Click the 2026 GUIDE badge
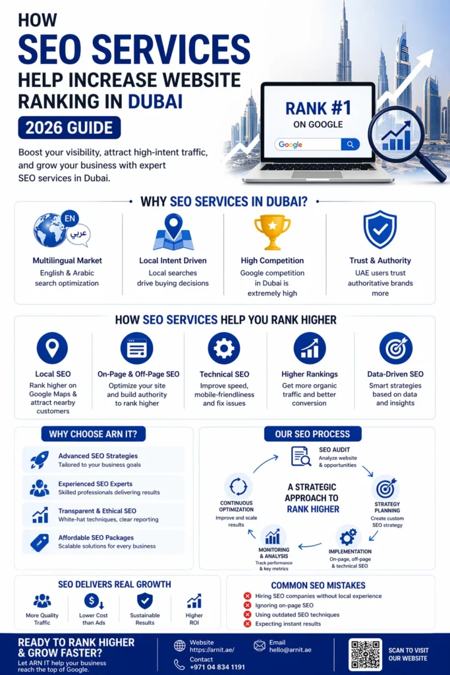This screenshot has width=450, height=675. point(69,128)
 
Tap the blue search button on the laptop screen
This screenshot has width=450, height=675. point(351,144)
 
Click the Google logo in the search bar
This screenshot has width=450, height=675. point(291,144)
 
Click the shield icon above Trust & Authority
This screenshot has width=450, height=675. point(380,229)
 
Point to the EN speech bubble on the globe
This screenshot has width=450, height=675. point(70,219)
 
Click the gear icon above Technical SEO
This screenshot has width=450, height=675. point(224,348)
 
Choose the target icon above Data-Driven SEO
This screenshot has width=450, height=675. point(396,348)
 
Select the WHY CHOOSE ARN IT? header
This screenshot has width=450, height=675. point(94,434)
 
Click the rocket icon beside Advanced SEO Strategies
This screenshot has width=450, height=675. point(40,459)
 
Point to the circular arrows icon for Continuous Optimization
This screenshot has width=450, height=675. point(238,487)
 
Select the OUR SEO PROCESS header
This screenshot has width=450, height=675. point(313,434)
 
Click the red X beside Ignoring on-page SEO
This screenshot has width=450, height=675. point(247,605)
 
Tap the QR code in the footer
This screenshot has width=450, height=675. point(365,655)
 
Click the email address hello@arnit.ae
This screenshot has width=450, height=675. point(290,650)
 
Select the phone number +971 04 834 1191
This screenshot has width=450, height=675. point(217,667)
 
